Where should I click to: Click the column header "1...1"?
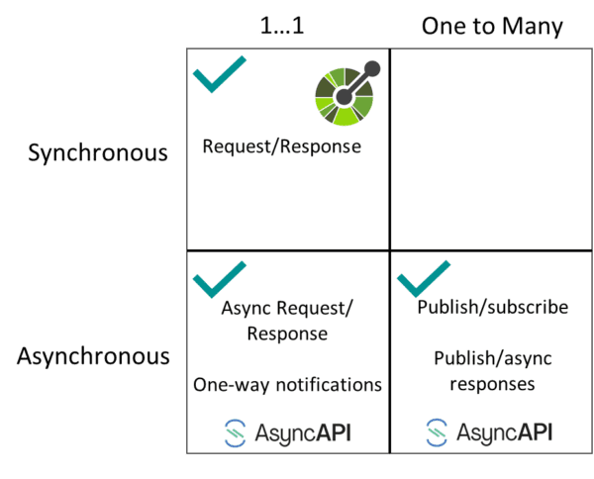point(282,26)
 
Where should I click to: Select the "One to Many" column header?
point(492,27)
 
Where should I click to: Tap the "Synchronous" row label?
point(98,153)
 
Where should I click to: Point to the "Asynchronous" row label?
point(93,356)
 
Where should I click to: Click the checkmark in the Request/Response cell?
point(220,74)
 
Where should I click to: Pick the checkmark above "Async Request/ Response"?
point(220,279)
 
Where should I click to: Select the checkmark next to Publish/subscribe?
point(424,279)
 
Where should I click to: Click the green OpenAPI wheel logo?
point(344,97)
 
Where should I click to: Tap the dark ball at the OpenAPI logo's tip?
point(372,68)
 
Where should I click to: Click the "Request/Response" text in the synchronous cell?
point(282,146)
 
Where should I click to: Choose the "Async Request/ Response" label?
point(287,321)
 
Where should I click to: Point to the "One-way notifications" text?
point(287,385)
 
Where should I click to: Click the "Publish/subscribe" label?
point(492,307)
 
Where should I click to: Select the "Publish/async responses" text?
point(492,371)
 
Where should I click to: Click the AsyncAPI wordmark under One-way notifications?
point(303,433)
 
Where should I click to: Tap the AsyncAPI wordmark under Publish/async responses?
point(504,432)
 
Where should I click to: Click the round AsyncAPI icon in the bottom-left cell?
point(236,432)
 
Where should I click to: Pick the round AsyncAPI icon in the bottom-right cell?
point(437,432)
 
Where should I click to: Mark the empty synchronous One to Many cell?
point(491,149)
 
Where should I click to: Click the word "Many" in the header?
point(533,27)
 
